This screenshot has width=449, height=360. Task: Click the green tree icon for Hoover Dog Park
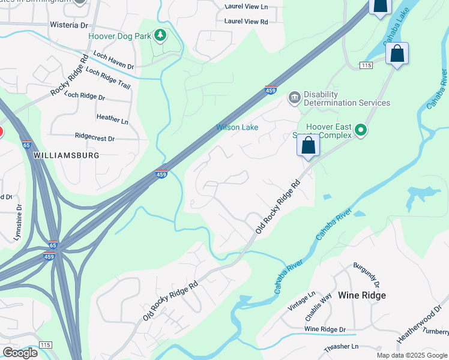click(160, 36)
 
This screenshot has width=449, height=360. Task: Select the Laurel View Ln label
click(246, 6)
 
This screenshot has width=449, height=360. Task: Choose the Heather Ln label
click(112, 121)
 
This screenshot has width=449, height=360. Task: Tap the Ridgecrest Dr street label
click(95, 138)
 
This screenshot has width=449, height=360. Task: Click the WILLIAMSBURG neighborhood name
click(66, 155)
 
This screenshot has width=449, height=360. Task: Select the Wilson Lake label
click(237, 127)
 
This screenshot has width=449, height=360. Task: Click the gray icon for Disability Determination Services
click(294, 98)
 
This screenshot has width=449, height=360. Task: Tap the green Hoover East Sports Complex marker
click(360, 130)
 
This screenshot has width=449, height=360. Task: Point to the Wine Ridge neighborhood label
click(361, 295)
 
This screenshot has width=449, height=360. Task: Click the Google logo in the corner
click(20, 353)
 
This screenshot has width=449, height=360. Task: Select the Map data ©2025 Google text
click(412, 355)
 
